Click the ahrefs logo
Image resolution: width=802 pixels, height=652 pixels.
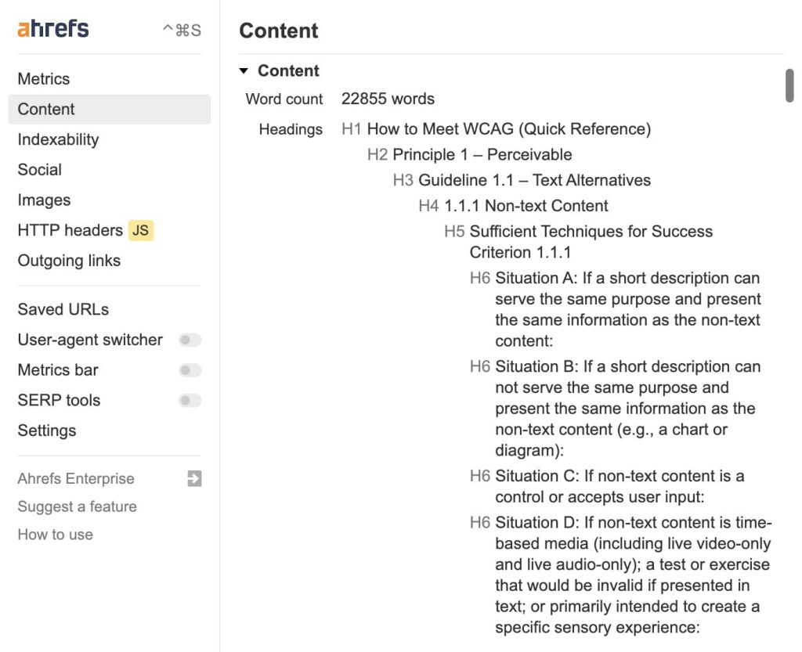point(53,29)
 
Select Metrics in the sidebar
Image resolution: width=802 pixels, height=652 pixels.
point(44,79)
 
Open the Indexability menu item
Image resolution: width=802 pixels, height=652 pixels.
point(58,139)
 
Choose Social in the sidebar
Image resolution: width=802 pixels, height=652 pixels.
point(40,170)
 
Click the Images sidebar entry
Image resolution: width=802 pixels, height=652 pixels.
point(44,200)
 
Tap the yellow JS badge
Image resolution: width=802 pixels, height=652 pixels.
point(141,230)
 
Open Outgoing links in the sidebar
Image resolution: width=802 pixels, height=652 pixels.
point(69,261)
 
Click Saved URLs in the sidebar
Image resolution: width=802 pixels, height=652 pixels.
point(63,309)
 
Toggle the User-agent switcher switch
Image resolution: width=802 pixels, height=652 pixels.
point(190,340)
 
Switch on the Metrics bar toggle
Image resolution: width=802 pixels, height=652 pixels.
point(190,370)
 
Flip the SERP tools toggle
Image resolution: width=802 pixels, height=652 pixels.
point(190,401)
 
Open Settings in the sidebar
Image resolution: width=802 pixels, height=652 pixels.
point(47,430)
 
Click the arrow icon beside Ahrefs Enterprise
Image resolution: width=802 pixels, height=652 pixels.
point(194,478)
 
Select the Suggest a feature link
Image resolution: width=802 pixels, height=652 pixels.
point(77,506)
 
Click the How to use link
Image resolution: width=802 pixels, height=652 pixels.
point(55,535)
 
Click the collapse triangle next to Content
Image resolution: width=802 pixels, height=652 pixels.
point(244,71)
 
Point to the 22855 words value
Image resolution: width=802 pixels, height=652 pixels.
point(388,99)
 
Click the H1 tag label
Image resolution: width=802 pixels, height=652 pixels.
point(352,128)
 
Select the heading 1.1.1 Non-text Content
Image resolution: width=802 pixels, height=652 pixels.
point(526,206)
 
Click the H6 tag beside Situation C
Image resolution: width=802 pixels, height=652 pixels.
point(480,476)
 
